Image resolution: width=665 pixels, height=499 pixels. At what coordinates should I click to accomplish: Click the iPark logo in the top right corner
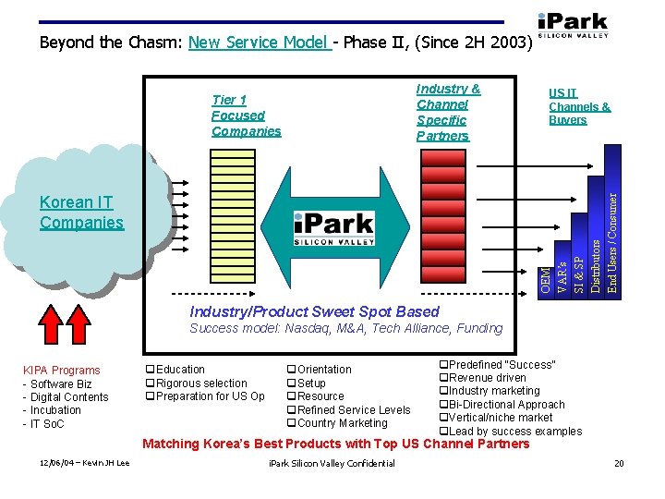[572, 25]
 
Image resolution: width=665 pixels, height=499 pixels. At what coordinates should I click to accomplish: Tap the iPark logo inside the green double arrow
[333, 228]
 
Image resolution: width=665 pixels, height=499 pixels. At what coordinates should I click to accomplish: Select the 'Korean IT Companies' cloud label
[81, 213]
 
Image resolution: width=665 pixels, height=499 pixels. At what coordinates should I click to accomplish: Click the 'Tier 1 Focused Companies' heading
[246, 116]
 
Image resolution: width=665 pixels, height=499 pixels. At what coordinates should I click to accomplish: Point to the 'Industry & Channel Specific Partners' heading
[447, 112]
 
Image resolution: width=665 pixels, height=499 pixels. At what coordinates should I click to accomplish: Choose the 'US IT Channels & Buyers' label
[579, 106]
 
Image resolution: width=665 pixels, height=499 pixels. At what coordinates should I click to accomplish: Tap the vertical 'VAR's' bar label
[562, 272]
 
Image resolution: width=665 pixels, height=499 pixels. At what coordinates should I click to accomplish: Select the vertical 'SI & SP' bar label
[579, 266]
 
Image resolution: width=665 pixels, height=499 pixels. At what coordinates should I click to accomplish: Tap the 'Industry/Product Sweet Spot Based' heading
[314, 311]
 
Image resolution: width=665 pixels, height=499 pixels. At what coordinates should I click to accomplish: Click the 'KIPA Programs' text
[62, 371]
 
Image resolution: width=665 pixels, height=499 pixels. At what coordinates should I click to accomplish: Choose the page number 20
[620, 463]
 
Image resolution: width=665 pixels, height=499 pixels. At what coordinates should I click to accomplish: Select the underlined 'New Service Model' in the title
[260, 43]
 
